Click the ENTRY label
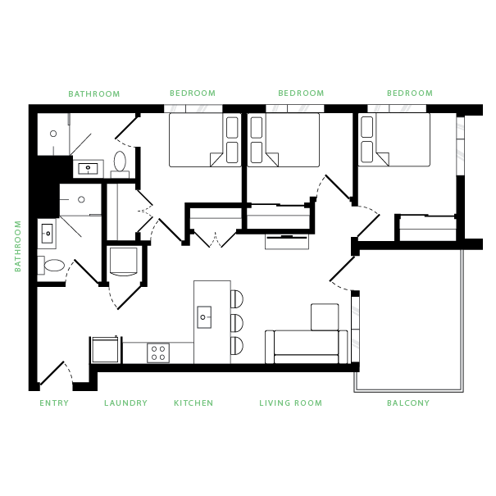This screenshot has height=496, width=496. coord(54,403)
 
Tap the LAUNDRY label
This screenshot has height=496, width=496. coord(125,403)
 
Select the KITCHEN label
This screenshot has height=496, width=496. coord(193,403)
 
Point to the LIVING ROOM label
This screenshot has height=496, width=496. coord(290,403)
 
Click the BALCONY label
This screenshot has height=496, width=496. coord(408,403)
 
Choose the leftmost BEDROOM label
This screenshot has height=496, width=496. coord(192,93)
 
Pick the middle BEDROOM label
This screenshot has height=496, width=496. coord(301,93)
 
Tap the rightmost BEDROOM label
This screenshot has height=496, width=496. coord(409,93)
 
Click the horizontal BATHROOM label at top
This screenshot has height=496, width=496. coord(94,94)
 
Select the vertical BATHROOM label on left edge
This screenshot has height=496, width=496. coord(18,246)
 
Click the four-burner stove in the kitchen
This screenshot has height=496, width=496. coord(158,353)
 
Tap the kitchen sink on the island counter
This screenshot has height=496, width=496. coord(203,316)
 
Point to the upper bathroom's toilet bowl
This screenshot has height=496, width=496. coord(120,161)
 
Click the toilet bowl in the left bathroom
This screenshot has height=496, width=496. coord(54,266)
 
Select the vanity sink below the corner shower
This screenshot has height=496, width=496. coord(87,170)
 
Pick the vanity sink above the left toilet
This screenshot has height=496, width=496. coord(47,234)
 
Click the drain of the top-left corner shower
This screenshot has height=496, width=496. coord(53,134)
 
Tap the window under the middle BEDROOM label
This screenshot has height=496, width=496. coord(295,108)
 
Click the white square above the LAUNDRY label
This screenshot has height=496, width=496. coord(123,260)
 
